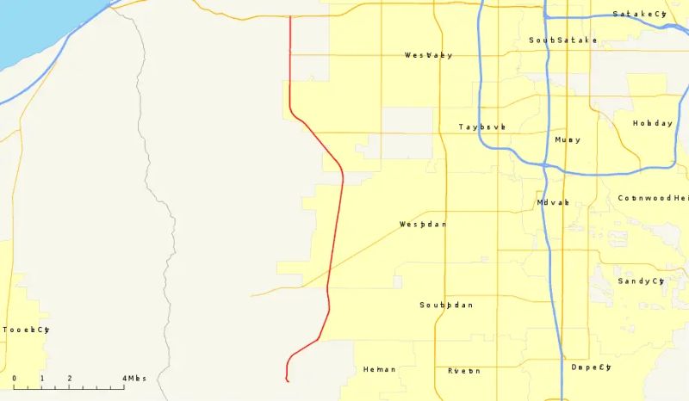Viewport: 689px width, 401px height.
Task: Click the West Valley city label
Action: (428, 55)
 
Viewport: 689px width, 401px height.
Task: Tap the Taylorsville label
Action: (481, 126)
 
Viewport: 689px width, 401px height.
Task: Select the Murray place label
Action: (568, 139)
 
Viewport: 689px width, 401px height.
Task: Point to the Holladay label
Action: (653, 123)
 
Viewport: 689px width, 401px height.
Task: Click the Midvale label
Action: (553, 202)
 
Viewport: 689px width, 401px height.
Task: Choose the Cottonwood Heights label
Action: (653, 198)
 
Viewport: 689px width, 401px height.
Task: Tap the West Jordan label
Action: (423, 225)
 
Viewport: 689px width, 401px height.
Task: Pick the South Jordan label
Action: (446, 305)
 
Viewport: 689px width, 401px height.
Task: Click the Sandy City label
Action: (641, 281)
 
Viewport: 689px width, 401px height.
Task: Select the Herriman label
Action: (380, 369)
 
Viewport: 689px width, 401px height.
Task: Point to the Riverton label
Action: (463, 371)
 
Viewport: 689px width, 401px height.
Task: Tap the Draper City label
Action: (591, 367)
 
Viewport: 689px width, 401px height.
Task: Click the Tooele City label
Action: (26, 330)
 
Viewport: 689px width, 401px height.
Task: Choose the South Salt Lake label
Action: (562, 40)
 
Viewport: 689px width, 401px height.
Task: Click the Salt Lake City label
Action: (639, 15)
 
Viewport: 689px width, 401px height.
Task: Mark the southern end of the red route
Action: (287, 379)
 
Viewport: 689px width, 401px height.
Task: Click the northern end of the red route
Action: (290, 17)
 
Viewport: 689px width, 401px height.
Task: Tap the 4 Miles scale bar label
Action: (134, 379)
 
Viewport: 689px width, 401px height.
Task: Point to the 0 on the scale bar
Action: (14, 379)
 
